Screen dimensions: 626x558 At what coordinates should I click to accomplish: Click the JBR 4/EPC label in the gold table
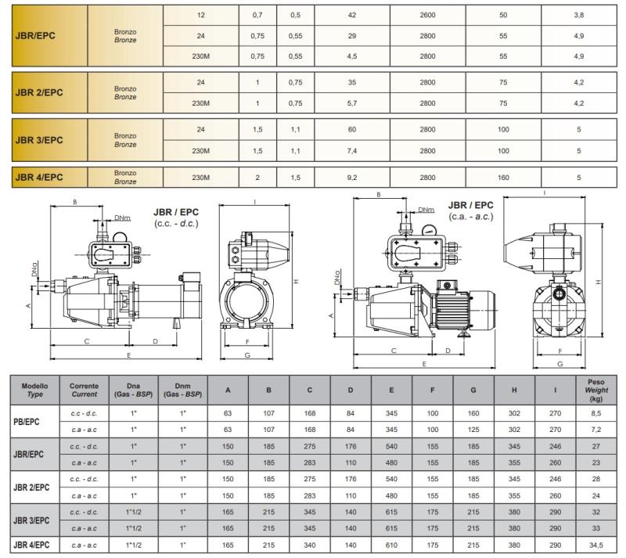coord(38,177)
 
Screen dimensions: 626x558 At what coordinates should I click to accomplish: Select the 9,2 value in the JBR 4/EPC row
coord(351,178)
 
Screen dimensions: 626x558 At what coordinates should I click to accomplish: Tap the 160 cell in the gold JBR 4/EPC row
coord(503,178)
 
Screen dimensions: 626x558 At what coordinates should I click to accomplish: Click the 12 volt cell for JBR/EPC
coord(201,15)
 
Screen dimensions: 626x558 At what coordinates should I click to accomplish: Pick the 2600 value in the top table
coord(427,15)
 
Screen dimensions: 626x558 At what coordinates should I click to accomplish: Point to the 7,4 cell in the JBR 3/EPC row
coord(351,151)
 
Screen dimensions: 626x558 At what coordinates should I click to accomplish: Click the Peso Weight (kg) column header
coord(596,390)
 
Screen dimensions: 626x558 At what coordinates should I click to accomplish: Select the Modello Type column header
coord(34,390)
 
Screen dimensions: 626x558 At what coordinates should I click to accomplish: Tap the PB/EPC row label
coord(27,421)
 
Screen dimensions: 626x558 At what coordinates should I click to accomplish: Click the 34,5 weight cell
coord(596,545)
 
